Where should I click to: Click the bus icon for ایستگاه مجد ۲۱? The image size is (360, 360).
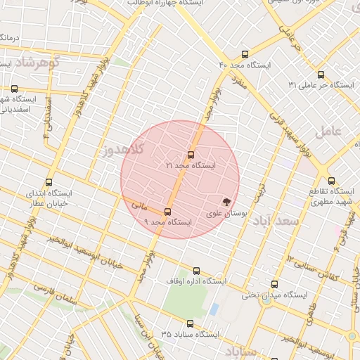click(x=191, y=155)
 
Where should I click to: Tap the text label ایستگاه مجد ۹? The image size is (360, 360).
click(x=169, y=221)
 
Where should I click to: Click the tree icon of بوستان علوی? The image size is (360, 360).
click(x=226, y=202)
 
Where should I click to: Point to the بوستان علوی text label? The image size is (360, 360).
click(x=224, y=213)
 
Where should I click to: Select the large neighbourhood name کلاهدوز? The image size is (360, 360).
click(x=122, y=149)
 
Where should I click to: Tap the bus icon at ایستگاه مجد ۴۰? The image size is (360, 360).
click(x=245, y=53)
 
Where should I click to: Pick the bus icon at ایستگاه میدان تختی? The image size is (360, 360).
click(x=274, y=285)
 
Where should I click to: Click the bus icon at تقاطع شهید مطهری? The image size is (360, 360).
click(x=332, y=181)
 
